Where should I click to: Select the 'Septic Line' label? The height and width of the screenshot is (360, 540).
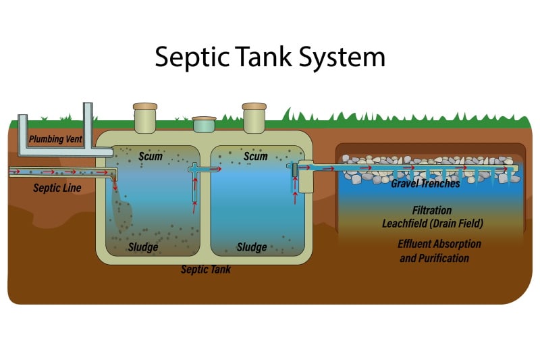pyautogui.click(x=57, y=188)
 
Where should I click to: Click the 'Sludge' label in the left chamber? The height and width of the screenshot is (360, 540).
pyautogui.click(x=143, y=247)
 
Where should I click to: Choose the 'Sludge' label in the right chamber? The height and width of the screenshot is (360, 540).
pyautogui.click(x=252, y=247)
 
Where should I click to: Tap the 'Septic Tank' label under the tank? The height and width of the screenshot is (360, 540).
pyautogui.click(x=206, y=269)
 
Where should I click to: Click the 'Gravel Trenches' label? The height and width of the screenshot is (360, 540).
pyautogui.click(x=425, y=184)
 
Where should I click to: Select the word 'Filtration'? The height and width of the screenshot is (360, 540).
pyautogui.click(x=432, y=210)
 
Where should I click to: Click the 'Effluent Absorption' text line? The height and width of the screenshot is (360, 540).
pyautogui.click(x=439, y=244)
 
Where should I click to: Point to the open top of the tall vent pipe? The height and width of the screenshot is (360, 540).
pyautogui.click(x=88, y=105)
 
